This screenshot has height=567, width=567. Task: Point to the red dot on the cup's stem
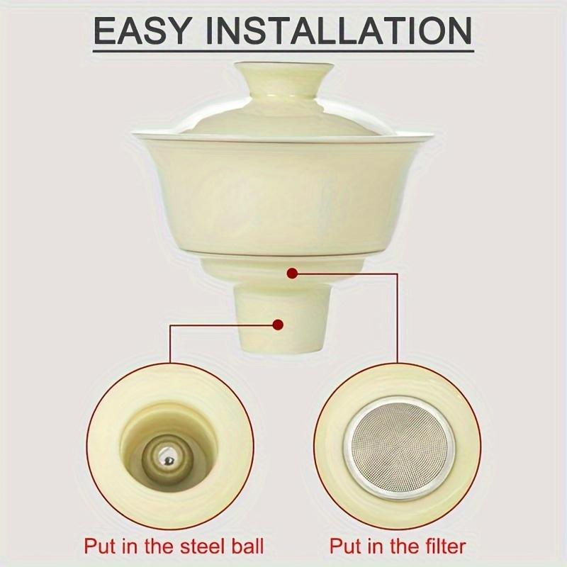(x=278, y=325)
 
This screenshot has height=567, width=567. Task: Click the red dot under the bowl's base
(x=292, y=270)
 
